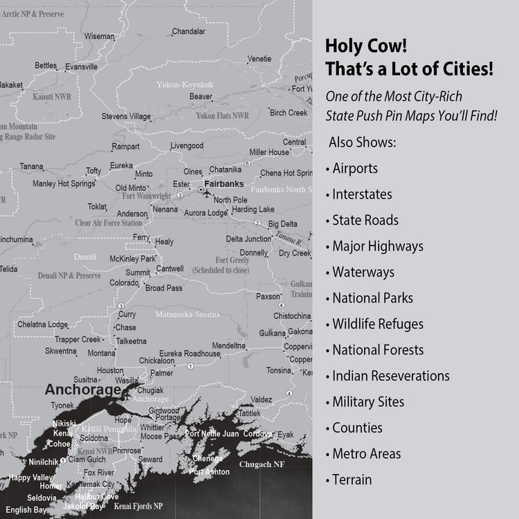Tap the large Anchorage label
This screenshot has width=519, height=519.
click(82, 390)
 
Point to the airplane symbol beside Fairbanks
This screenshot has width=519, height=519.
click(201, 188)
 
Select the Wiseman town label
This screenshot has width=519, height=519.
click(100, 36)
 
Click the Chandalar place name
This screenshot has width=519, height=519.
click(188, 31)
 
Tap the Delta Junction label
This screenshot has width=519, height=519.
click(248, 239)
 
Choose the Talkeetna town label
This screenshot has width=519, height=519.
click(131, 340)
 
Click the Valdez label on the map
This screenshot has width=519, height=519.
click(261, 399)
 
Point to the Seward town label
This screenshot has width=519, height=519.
click(150, 459)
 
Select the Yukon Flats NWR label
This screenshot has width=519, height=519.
click(222, 116)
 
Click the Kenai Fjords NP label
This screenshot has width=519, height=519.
click(138, 507)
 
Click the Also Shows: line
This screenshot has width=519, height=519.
click(362, 142)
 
